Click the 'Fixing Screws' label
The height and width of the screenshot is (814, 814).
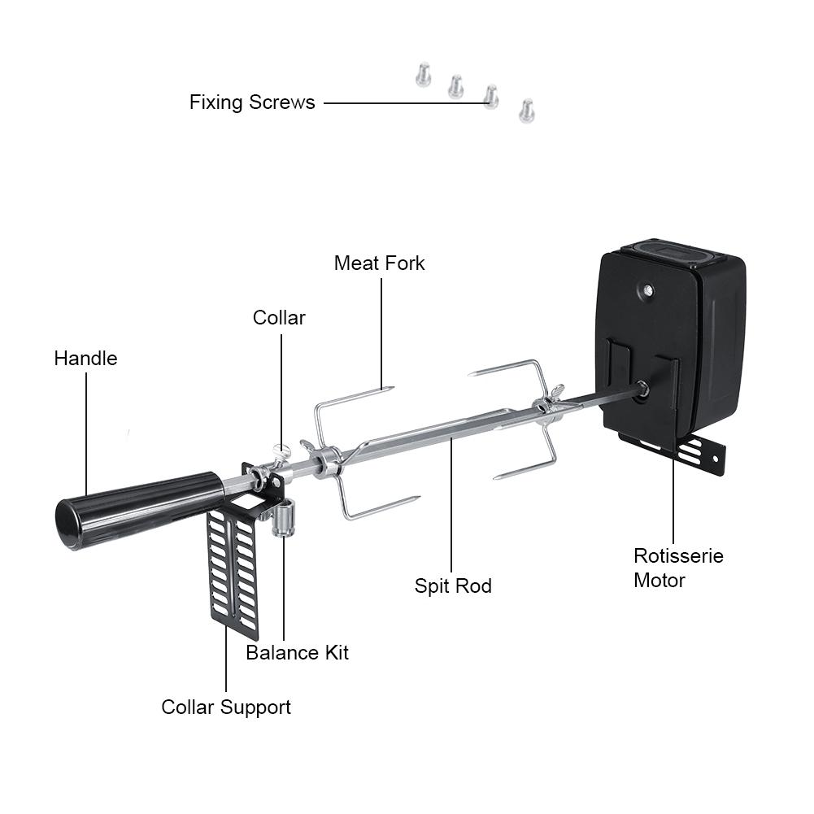(x=252, y=102)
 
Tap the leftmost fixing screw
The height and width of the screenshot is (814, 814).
(x=421, y=76)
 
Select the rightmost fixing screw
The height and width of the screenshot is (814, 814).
(x=526, y=109)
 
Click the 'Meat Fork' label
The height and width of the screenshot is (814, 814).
(x=379, y=263)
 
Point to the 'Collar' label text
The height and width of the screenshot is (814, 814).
(x=279, y=317)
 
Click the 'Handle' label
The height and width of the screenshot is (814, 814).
(x=85, y=358)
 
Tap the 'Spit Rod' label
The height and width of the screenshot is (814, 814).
(x=453, y=585)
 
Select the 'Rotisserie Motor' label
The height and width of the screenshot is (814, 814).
(x=678, y=568)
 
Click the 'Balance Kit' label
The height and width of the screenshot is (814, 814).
(x=297, y=652)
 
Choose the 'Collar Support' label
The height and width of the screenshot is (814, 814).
(x=226, y=707)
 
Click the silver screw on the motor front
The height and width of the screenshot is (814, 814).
(x=646, y=289)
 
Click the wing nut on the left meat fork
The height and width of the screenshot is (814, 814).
(x=308, y=446)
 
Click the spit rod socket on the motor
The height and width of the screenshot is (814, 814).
(x=642, y=389)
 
